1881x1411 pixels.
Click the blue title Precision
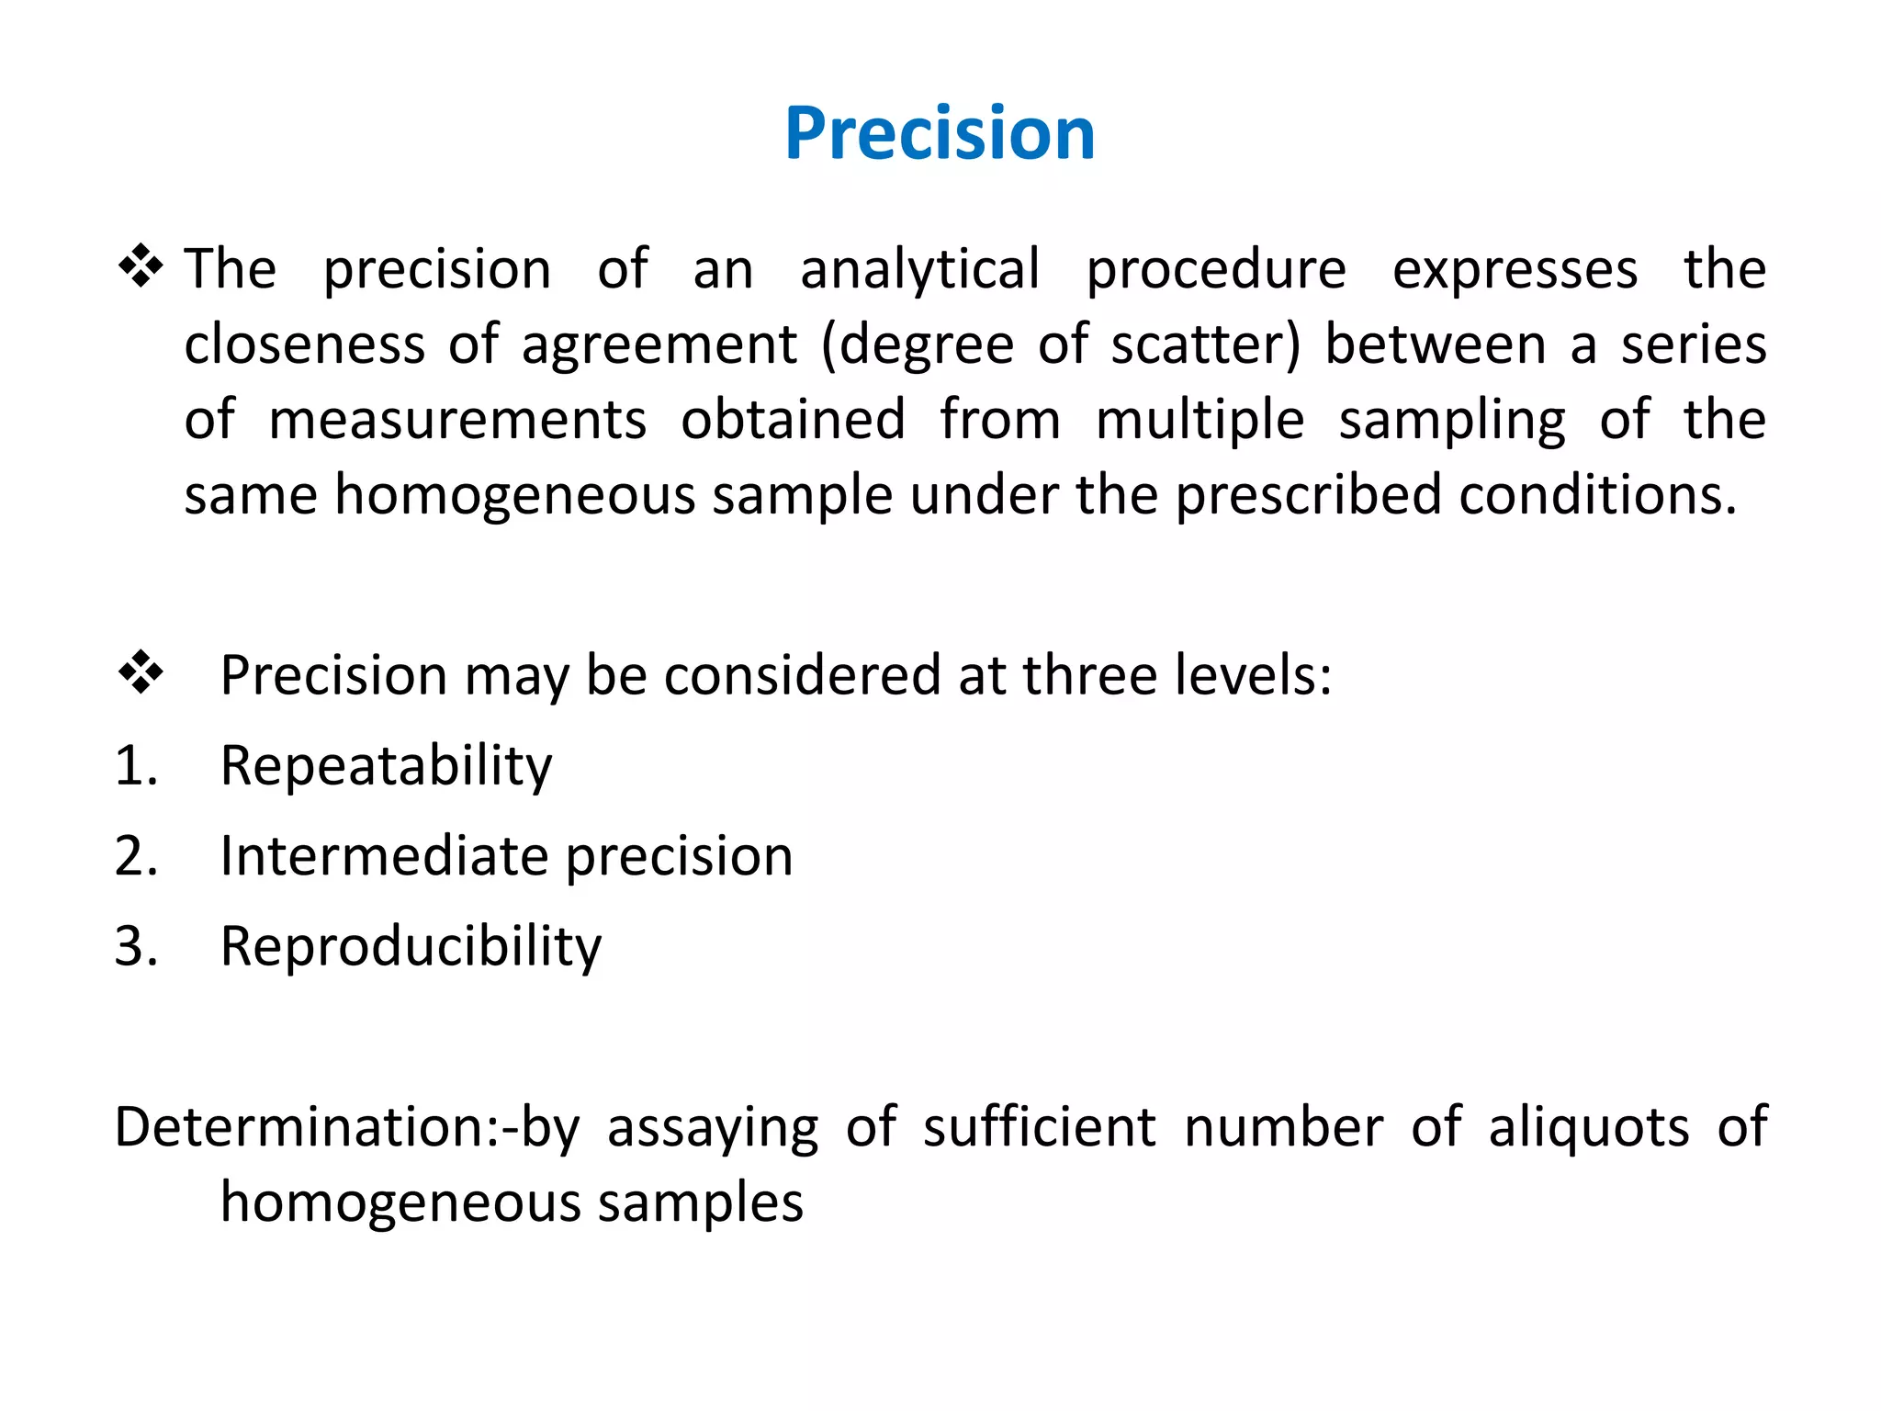point(940,134)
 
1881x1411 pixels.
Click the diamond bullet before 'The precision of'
point(141,267)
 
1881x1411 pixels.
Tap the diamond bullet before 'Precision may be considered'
point(141,673)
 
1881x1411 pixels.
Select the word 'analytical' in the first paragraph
point(920,270)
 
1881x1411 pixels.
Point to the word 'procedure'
point(1216,270)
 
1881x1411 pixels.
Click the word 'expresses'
point(1515,270)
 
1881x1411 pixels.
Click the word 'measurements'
point(457,420)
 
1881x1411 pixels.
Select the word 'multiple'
point(1200,420)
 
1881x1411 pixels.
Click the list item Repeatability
point(387,765)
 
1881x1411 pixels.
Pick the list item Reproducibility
point(411,945)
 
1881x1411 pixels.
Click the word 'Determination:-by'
point(346,1127)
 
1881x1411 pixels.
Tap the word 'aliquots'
point(1588,1127)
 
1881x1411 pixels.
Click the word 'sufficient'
point(1039,1127)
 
